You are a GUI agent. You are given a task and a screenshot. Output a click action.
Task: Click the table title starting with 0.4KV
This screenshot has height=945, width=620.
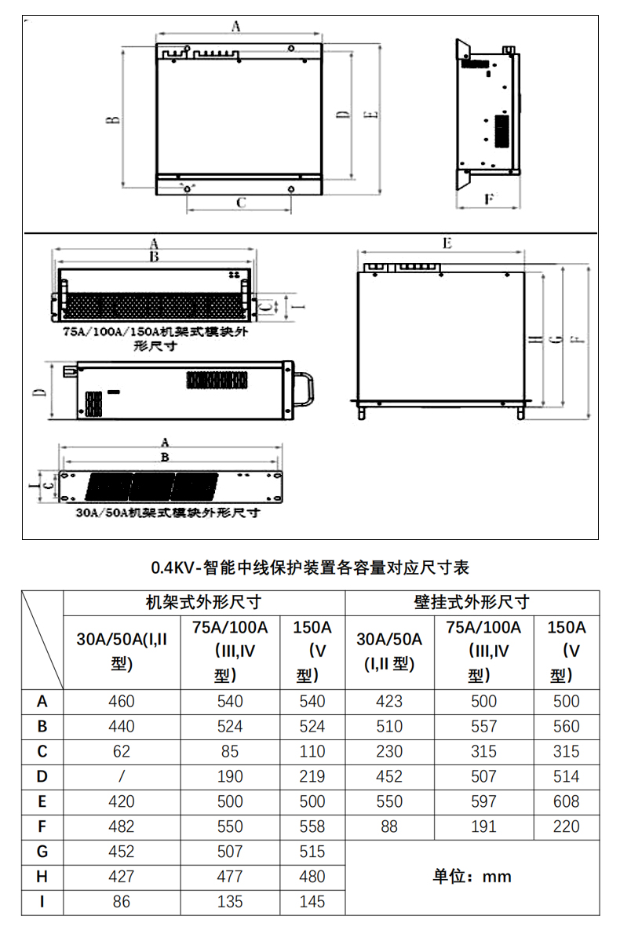[x=310, y=567]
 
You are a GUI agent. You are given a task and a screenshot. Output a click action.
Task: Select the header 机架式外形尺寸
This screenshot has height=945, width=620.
[x=203, y=603]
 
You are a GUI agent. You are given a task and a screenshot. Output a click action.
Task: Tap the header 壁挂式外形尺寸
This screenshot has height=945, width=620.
[x=472, y=603]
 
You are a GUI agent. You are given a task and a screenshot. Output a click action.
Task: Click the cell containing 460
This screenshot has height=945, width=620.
[x=122, y=702]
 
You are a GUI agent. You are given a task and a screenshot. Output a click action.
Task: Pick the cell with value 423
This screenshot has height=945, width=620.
[x=389, y=702]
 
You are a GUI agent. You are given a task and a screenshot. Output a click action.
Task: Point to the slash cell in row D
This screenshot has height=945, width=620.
[x=122, y=777]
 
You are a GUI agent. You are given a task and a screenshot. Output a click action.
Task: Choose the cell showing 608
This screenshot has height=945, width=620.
[x=565, y=802]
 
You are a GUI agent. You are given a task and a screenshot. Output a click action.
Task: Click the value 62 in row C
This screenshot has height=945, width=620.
[x=122, y=752]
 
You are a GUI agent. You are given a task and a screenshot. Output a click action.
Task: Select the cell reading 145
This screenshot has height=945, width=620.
[x=312, y=903]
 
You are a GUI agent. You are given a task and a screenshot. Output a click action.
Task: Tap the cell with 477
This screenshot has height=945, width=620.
[x=230, y=877]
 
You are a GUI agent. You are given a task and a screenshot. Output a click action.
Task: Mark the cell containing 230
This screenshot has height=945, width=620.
[x=389, y=752]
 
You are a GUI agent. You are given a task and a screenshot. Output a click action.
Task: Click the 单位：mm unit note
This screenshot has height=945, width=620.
[x=472, y=877]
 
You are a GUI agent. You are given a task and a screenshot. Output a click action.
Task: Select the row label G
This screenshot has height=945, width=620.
[x=42, y=852]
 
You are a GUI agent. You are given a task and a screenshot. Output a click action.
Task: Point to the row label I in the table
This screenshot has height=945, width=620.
[x=42, y=903]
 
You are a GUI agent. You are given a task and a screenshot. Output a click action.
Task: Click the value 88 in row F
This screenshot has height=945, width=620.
[x=389, y=827]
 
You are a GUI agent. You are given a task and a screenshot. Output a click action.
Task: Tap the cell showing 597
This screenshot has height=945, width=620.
[x=483, y=802]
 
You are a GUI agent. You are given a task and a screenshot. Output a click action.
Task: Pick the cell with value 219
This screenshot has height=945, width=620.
[x=312, y=777]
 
